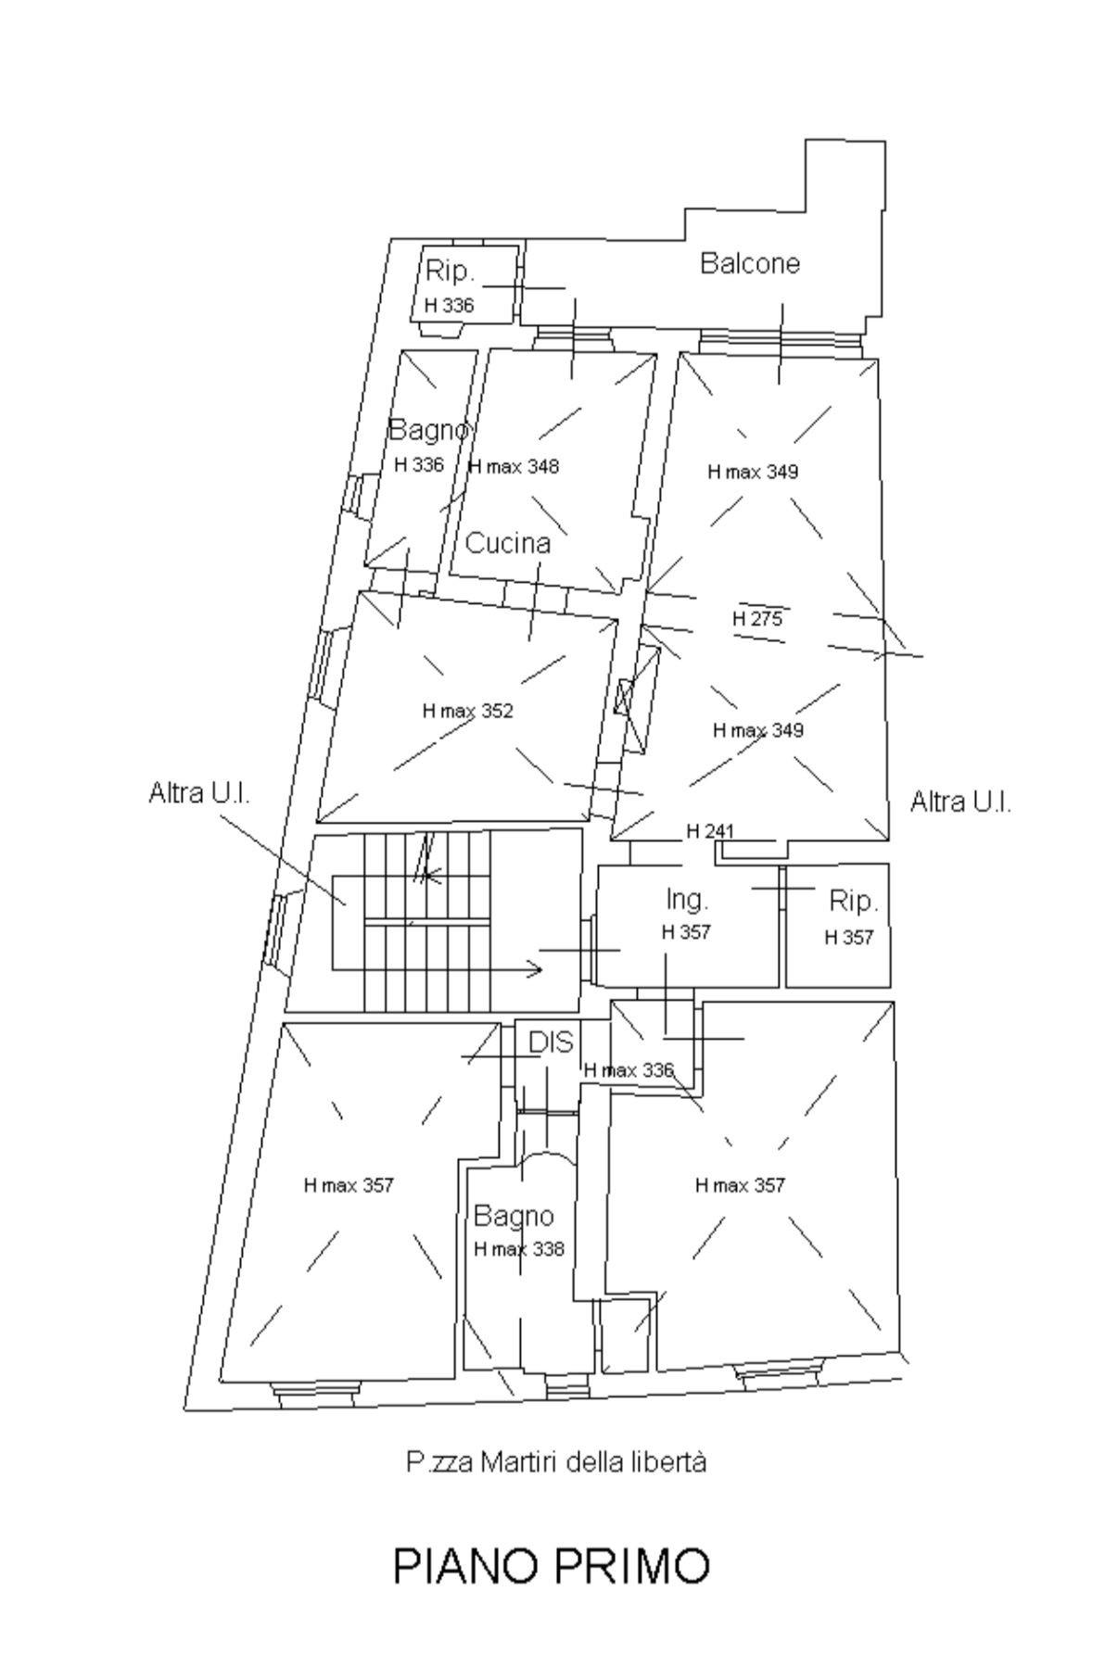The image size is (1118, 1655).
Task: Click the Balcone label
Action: (x=749, y=263)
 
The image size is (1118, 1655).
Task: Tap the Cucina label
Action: (x=507, y=543)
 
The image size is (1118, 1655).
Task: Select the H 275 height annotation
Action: (x=757, y=619)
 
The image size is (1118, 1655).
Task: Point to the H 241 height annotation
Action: (x=710, y=831)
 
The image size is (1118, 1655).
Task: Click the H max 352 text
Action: (x=467, y=711)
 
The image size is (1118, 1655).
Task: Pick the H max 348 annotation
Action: (x=515, y=466)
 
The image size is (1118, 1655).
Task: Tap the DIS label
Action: (x=551, y=1042)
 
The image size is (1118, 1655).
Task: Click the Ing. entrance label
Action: (x=687, y=899)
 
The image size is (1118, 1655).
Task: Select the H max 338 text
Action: (x=519, y=1249)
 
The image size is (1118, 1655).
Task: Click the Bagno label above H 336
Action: (x=428, y=430)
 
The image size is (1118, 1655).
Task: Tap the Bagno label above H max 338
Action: (x=514, y=1216)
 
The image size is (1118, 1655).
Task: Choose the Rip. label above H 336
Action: (x=450, y=272)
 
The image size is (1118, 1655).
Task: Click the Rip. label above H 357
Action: (x=853, y=901)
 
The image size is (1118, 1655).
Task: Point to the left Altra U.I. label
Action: (x=199, y=794)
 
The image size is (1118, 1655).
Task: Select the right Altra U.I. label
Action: (x=960, y=802)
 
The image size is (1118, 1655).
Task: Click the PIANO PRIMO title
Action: (x=552, y=1566)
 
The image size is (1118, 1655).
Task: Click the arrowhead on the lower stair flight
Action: (x=535, y=969)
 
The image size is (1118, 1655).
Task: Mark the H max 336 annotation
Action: (x=629, y=1070)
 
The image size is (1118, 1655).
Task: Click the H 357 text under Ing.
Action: (x=686, y=932)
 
